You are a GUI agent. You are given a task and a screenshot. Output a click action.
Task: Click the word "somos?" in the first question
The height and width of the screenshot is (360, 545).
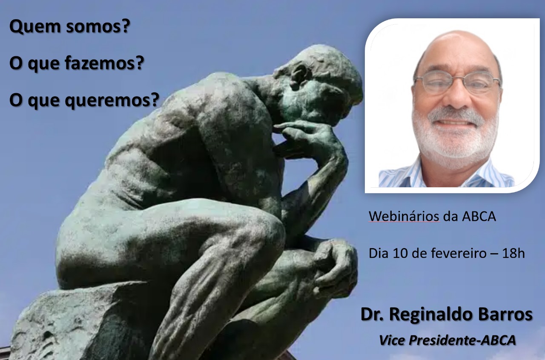coord(98,26)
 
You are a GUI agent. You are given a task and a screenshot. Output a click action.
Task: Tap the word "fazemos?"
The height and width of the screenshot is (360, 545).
coord(104,63)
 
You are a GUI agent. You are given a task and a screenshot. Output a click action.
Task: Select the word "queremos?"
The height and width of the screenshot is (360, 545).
coord(112,101)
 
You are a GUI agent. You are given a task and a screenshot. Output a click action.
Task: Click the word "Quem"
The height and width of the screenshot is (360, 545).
coord(35,27)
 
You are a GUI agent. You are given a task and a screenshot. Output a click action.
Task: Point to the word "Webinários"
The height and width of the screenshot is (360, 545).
coord(404,216)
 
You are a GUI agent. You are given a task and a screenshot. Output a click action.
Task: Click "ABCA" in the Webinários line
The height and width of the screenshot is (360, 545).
coord(479,216)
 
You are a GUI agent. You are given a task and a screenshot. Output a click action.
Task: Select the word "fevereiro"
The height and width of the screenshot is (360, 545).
coord(459,253)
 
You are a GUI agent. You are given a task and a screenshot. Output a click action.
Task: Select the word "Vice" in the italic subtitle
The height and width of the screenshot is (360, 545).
coord(392,340)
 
